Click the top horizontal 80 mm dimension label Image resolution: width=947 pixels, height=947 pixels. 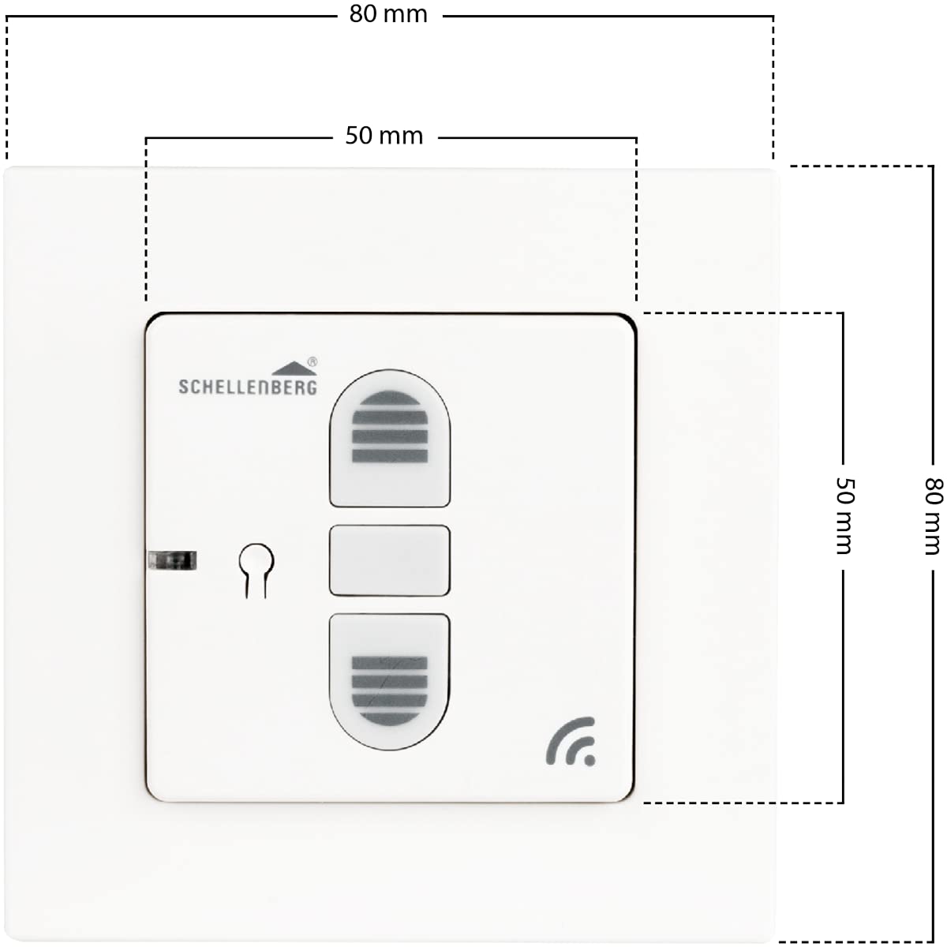tap(388, 14)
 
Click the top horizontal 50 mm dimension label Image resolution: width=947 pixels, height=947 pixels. tap(384, 136)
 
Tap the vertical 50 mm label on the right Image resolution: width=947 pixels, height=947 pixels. tap(845, 516)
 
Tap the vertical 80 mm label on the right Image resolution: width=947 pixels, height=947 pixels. tap(934, 516)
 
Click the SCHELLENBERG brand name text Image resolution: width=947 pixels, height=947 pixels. tap(248, 387)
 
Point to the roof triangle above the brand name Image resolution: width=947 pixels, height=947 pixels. tap(294, 369)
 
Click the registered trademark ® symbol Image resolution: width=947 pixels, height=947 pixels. tap(312, 362)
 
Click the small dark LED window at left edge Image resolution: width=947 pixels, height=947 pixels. tap(173, 560)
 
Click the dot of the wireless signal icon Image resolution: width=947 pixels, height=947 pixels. tap(590, 760)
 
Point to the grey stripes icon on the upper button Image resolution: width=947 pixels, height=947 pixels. tap(390, 427)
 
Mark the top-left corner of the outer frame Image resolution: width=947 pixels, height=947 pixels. tap(6, 169)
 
